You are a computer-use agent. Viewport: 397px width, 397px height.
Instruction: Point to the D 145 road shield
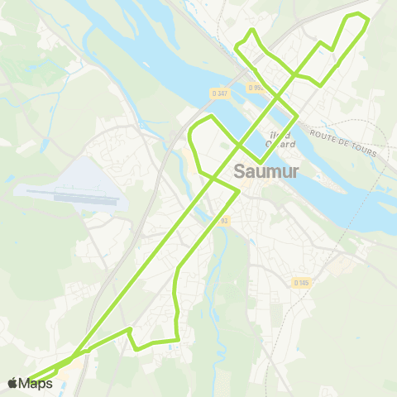point(301,282)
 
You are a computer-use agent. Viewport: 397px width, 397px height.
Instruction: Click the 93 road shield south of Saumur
point(224,220)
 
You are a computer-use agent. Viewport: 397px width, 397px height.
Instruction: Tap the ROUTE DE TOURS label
point(343,142)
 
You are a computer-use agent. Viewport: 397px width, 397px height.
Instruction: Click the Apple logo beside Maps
point(13,382)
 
